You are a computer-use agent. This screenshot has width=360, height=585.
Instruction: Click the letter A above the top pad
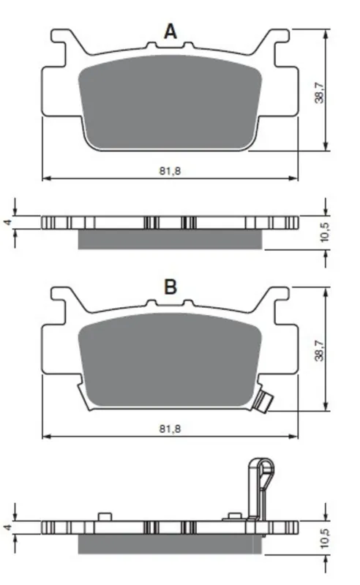[170, 31]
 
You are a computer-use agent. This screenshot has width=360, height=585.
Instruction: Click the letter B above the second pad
[170, 287]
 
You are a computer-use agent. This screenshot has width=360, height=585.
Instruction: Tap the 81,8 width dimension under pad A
[170, 171]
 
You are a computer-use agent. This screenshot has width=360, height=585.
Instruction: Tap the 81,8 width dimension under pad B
[170, 429]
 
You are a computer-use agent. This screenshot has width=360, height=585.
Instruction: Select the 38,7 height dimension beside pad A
[320, 92]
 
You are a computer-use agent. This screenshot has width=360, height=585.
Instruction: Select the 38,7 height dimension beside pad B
[320, 351]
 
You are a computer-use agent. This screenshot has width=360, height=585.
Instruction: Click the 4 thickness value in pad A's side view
[7, 222]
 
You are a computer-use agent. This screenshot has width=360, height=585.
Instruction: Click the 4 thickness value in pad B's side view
[7, 527]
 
